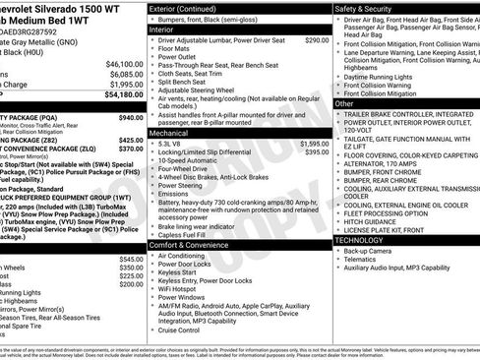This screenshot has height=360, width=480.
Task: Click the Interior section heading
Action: pos(161,30)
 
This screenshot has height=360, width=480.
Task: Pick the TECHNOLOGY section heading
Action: pos(360,239)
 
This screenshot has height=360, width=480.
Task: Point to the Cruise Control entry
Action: pos(187,330)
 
